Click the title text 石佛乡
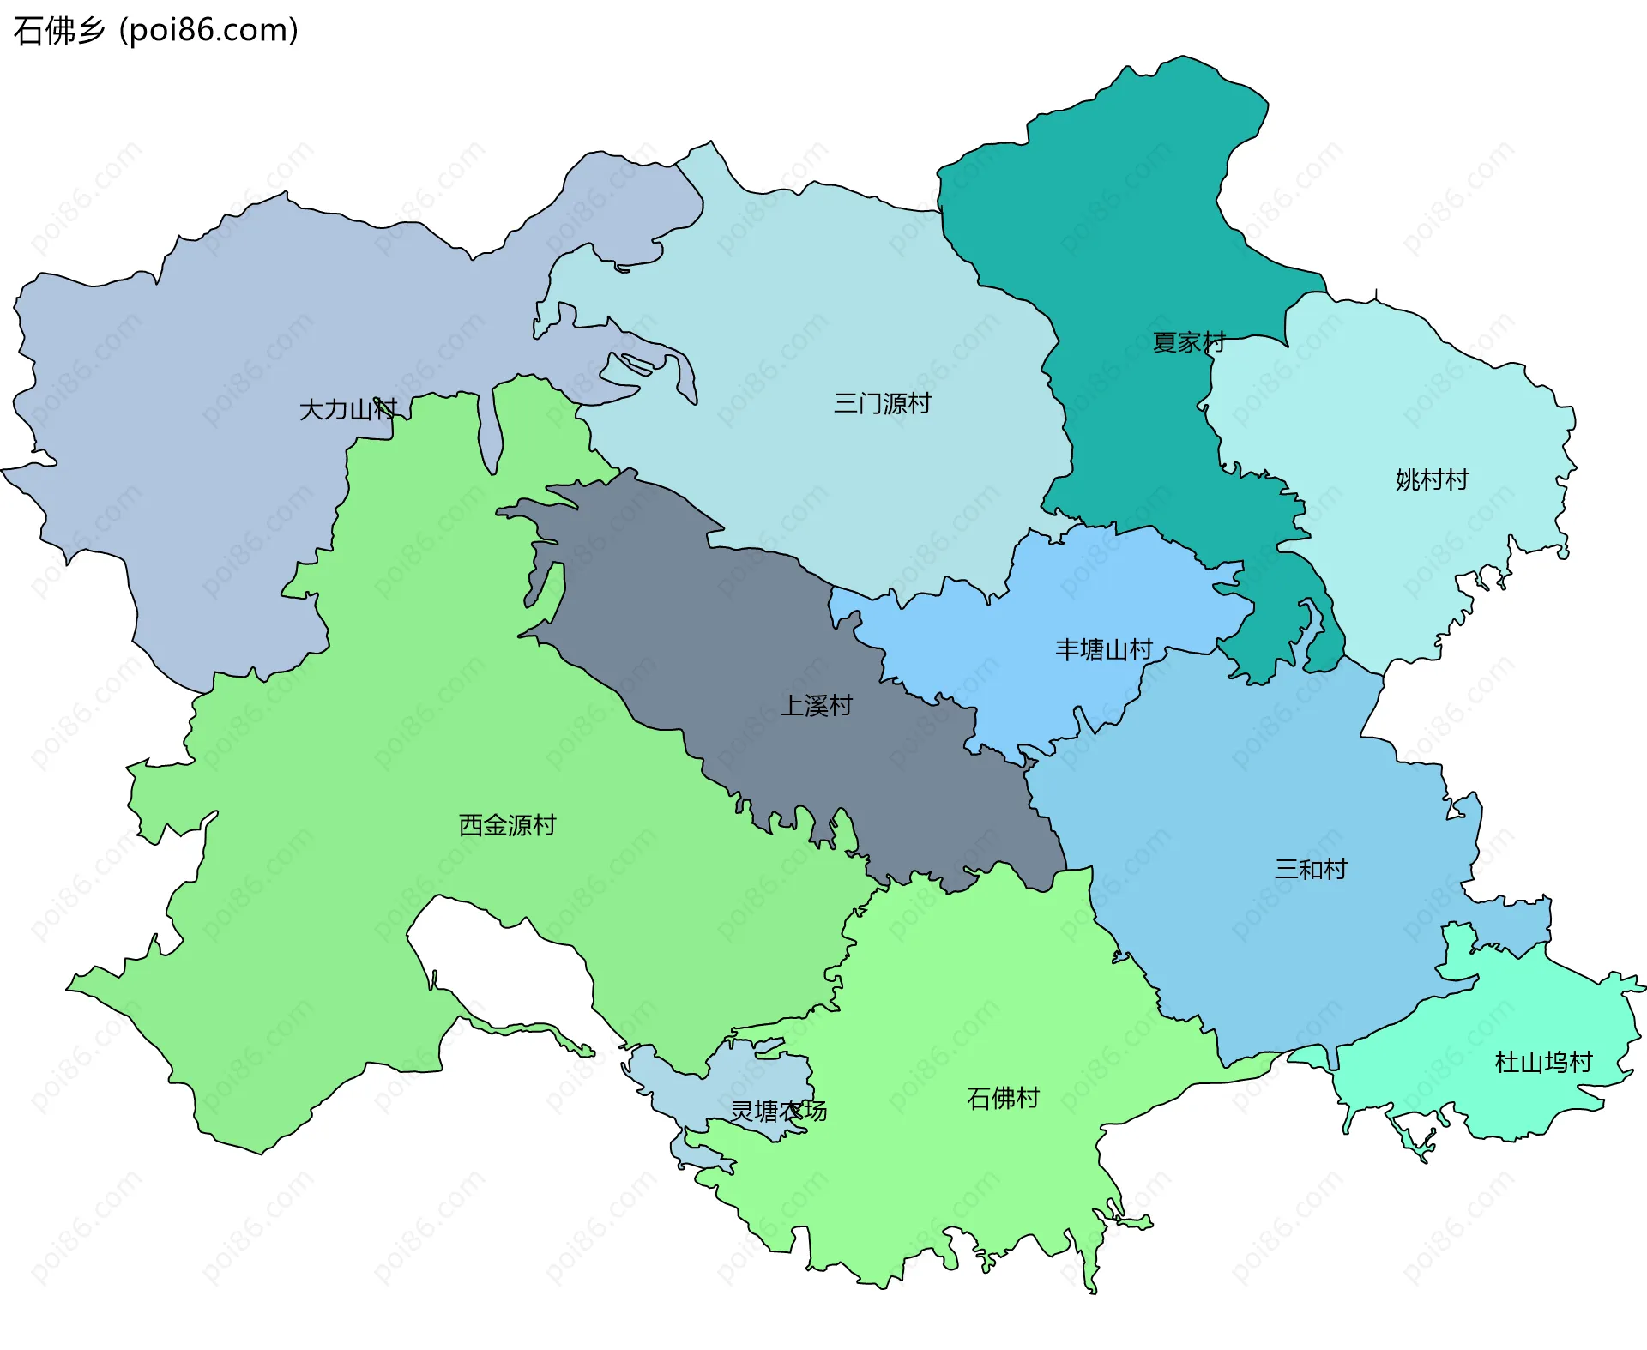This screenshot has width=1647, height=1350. [58, 31]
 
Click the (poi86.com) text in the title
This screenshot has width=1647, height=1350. [208, 31]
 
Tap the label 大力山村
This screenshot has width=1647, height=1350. [347, 409]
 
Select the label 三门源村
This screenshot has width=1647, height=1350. [882, 403]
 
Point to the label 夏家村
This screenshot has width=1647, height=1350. [1188, 342]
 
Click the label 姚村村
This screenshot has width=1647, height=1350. [1432, 479]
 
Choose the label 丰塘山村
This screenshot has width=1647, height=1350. [1103, 649]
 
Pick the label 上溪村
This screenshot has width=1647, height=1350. [816, 705]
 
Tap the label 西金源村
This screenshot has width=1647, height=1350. [507, 824]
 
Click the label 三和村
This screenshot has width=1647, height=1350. [1310, 869]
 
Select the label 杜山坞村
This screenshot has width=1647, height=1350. [1543, 1062]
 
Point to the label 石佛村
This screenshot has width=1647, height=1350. [1003, 1097]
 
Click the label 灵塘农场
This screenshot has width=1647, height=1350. [778, 1111]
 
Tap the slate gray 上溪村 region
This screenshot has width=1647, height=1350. [686, 618]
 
